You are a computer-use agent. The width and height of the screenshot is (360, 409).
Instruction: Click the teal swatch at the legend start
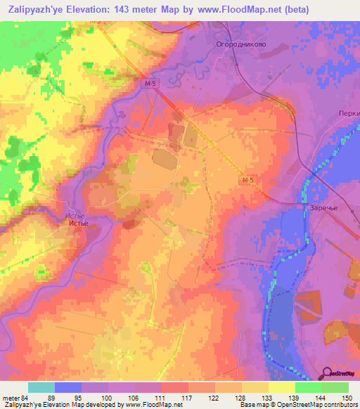(41, 387)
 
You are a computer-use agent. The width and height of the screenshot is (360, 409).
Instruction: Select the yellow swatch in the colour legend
(282, 387)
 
